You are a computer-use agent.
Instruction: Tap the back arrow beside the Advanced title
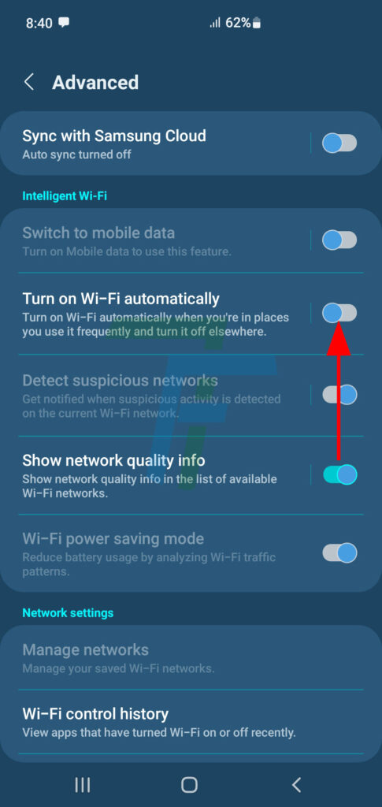coord(29,82)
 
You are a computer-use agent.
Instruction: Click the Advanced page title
coord(95,82)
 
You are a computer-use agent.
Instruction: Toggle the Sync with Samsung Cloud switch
coord(339,143)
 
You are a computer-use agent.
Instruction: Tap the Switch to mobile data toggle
coord(339,240)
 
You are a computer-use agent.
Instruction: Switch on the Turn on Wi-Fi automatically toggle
coord(339,312)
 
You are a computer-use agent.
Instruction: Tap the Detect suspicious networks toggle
coord(339,395)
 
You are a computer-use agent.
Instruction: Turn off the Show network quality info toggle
coord(339,474)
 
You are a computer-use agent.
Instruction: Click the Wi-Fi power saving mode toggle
coord(339,552)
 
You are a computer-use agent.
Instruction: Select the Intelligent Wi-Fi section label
coord(65,195)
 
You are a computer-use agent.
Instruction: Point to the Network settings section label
coord(68,613)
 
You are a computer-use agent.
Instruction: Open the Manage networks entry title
coord(85,649)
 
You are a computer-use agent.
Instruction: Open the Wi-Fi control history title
coord(95,714)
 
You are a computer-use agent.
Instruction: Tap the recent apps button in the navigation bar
coord(82,785)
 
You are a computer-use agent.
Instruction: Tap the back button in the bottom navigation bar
coord(296,785)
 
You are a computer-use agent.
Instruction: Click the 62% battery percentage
coord(238,23)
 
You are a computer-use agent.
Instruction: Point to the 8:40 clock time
coord(39,23)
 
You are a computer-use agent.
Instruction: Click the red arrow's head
coord(339,338)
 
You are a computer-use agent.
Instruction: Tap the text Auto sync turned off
coord(76,154)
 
